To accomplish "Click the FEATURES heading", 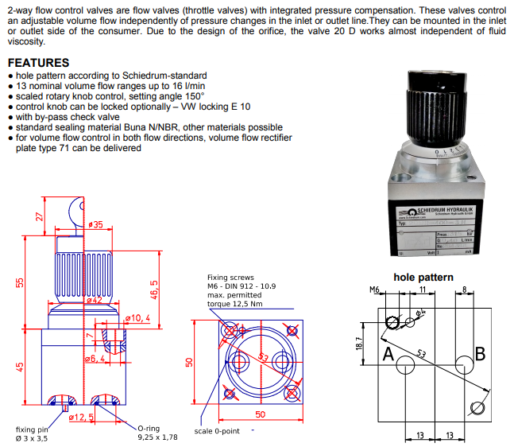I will (x=37, y=63).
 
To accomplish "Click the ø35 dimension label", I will (x=97, y=226).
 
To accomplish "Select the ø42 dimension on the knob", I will (x=94, y=300).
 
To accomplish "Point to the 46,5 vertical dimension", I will (x=155, y=290).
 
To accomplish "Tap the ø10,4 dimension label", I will (x=137, y=318).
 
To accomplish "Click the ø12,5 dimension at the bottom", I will (x=82, y=417).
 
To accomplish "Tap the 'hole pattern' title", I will (x=423, y=277).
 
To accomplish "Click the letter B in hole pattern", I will (x=479, y=353).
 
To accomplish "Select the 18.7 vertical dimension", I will (x=359, y=342).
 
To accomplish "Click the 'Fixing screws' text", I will (x=230, y=278).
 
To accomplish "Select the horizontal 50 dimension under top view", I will (x=260, y=414).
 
